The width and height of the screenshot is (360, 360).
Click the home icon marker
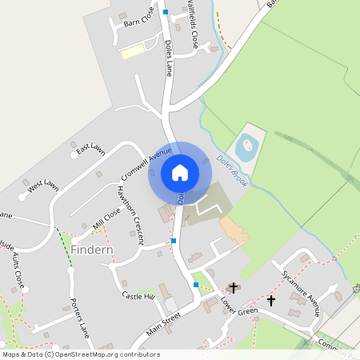179,172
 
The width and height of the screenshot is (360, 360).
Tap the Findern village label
92,250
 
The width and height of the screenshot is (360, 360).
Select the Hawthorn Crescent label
130,214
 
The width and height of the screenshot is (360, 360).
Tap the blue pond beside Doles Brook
245,146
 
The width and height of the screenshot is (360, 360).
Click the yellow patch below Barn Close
132,51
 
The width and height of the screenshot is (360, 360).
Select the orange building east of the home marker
235,230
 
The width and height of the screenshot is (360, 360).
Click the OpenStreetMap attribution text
81,354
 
